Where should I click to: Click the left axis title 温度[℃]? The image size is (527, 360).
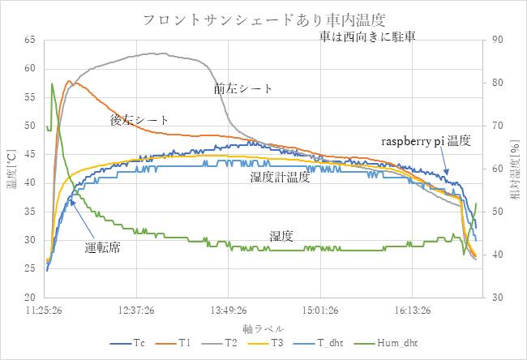[x=11, y=169]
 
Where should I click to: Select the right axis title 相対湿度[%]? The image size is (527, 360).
[x=513, y=169]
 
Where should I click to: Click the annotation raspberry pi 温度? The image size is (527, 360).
[x=425, y=141]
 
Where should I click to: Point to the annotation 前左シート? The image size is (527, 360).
[x=243, y=88]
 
